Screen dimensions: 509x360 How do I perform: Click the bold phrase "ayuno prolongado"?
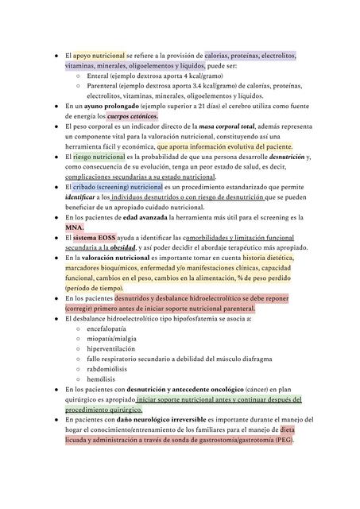(110, 106)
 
